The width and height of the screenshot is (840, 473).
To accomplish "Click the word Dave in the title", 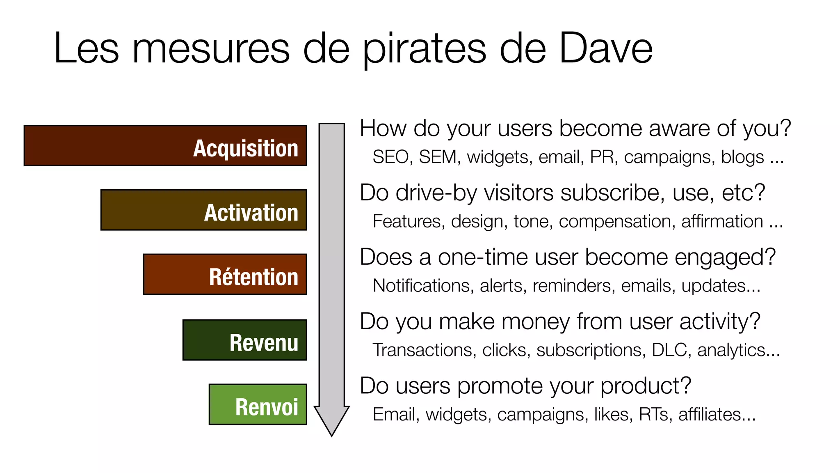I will click(606, 48).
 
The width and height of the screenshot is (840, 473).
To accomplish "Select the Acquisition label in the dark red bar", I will click(245, 148).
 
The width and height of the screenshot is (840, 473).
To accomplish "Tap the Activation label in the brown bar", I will click(251, 213).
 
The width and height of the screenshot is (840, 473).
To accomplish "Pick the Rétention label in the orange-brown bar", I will click(253, 277).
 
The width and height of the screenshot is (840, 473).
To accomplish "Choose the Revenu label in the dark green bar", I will click(264, 342).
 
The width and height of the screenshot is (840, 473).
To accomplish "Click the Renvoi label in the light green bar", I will click(267, 407).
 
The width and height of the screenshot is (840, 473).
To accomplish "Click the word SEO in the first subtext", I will click(390, 157).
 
